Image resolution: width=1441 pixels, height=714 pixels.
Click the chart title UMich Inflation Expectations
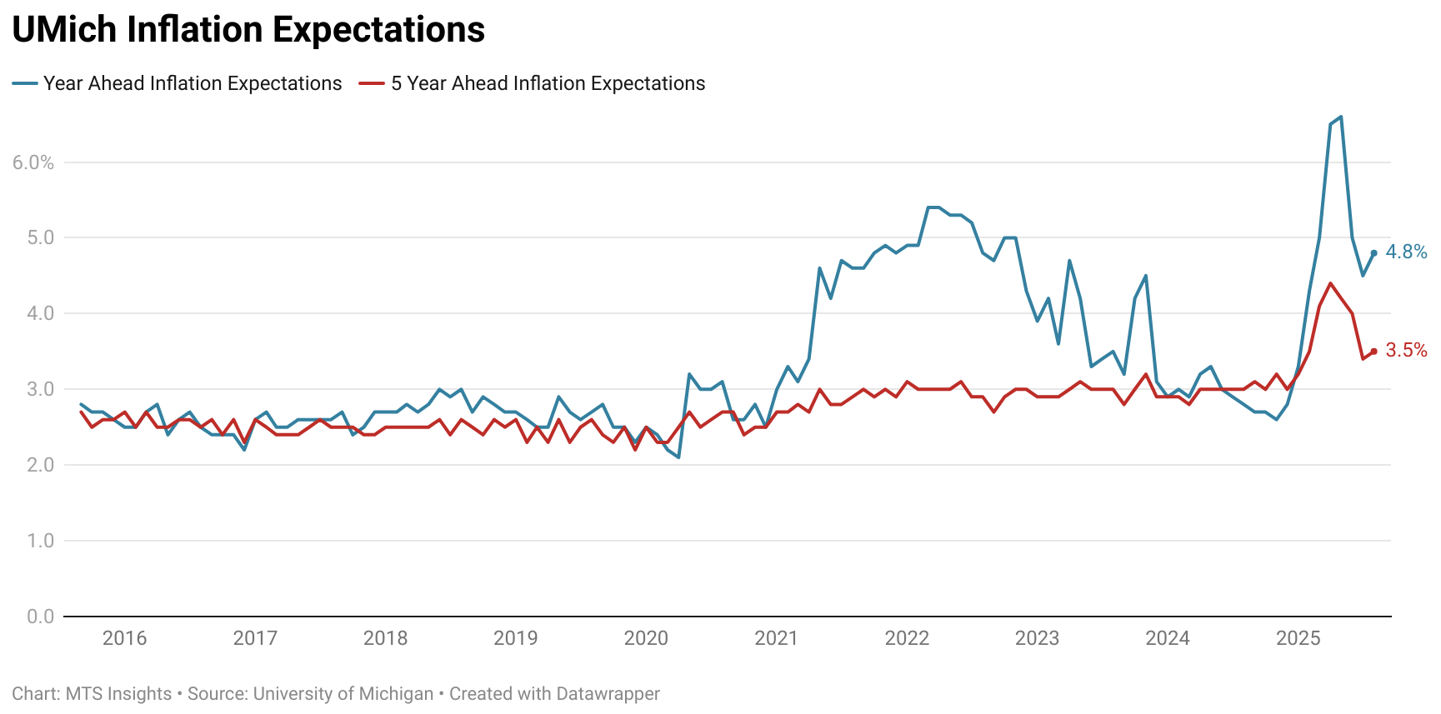pyautogui.click(x=248, y=30)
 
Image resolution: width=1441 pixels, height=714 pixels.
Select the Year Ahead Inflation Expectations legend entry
pyautogui.click(x=192, y=83)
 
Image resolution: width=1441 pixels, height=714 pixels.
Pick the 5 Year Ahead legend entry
pyautogui.click(x=548, y=83)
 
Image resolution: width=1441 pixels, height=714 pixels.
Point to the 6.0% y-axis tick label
pyautogui.click(x=33, y=162)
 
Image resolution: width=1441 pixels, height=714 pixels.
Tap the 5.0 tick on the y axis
pyautogui.click(x=40, y=237)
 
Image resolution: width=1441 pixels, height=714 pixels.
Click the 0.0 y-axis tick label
pyautogui.click(x=40, y=617)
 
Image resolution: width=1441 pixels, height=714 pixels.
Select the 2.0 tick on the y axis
pyautogui.click(x=40, y=465)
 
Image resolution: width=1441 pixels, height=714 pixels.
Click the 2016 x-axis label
pyautogui.click(x=124, y=638)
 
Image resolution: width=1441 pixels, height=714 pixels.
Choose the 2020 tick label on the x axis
pyautogui.click(x=646, y=638)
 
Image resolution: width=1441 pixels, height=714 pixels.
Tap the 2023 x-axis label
pyautogui.click(x=1037, y=638)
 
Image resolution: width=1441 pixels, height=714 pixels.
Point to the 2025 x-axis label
pyautogui.click(x=1298, y=638)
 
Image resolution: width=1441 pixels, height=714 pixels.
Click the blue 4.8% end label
pyautogui.click(x=1406, y=252)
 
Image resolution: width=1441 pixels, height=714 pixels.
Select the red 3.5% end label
pyautogui.click(x=1406, y=350)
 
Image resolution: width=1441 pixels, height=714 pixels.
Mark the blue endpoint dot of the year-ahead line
pyautogui.click(x=1373, y=252)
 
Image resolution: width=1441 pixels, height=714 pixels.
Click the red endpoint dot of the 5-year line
pyautogui.click(x=1373, y=351)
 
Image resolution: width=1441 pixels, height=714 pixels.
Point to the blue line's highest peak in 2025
pyautogui.click(x=1340, y=117)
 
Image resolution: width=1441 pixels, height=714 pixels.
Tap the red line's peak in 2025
pyautogui.click(x=1330, y=283)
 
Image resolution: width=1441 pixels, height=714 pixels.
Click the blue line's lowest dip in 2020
pyautogui.click(x=678, y=457)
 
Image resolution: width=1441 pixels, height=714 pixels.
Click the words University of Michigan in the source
pyautogui.click(x=343, y=694)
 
